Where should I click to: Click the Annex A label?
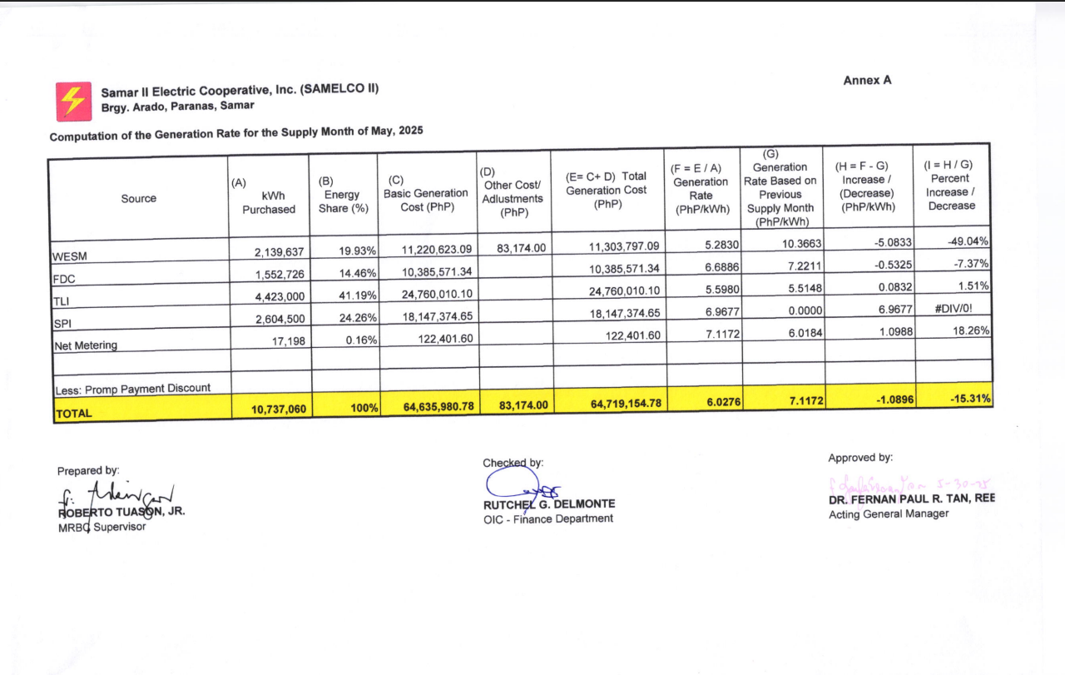click(x=867, y=80)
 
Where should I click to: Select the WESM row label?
click(x=69, y=256)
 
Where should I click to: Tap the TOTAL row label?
click(x=74, y=413)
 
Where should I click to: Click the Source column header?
click(x=138, y=198)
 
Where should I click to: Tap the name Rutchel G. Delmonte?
click(x=549, y=504)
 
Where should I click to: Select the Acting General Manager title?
click(x=888, y=514)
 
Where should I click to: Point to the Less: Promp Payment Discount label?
click(x=132, y=388)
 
